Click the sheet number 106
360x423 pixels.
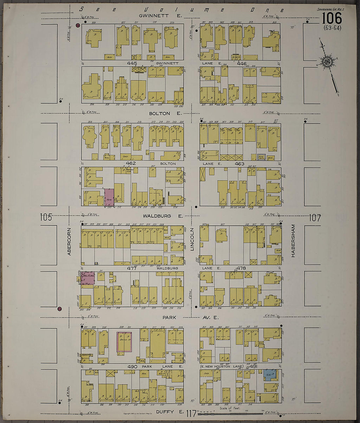[x=332, y=18]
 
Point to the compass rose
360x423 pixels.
[x=327, y=61]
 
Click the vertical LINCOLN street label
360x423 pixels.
[x=192, y=240]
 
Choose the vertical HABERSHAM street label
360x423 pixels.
[x=293, y=240]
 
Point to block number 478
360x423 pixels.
[x=241, y=268]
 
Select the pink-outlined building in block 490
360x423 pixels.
[x=124, y=342]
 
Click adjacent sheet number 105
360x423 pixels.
[x=46, y=217]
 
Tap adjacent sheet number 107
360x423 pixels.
[x=315, y=218]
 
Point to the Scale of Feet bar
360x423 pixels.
[x=231, y=413]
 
